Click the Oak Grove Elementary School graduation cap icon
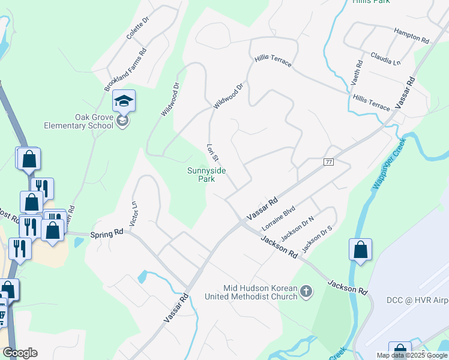pos(124,101)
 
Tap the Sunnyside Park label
pos(206,175)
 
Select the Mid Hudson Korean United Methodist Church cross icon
pos(306,292)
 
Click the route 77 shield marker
pos(328,162)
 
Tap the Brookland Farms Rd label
pos(125,70)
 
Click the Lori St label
pos(211,152)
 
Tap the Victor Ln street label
pos(133,212)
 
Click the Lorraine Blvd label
pos(279,220)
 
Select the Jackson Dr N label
pos(298,228)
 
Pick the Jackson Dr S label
pos(317,239)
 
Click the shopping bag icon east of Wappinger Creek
pos(360,250)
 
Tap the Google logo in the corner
pos(20,353)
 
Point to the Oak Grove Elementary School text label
pos(79,121)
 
